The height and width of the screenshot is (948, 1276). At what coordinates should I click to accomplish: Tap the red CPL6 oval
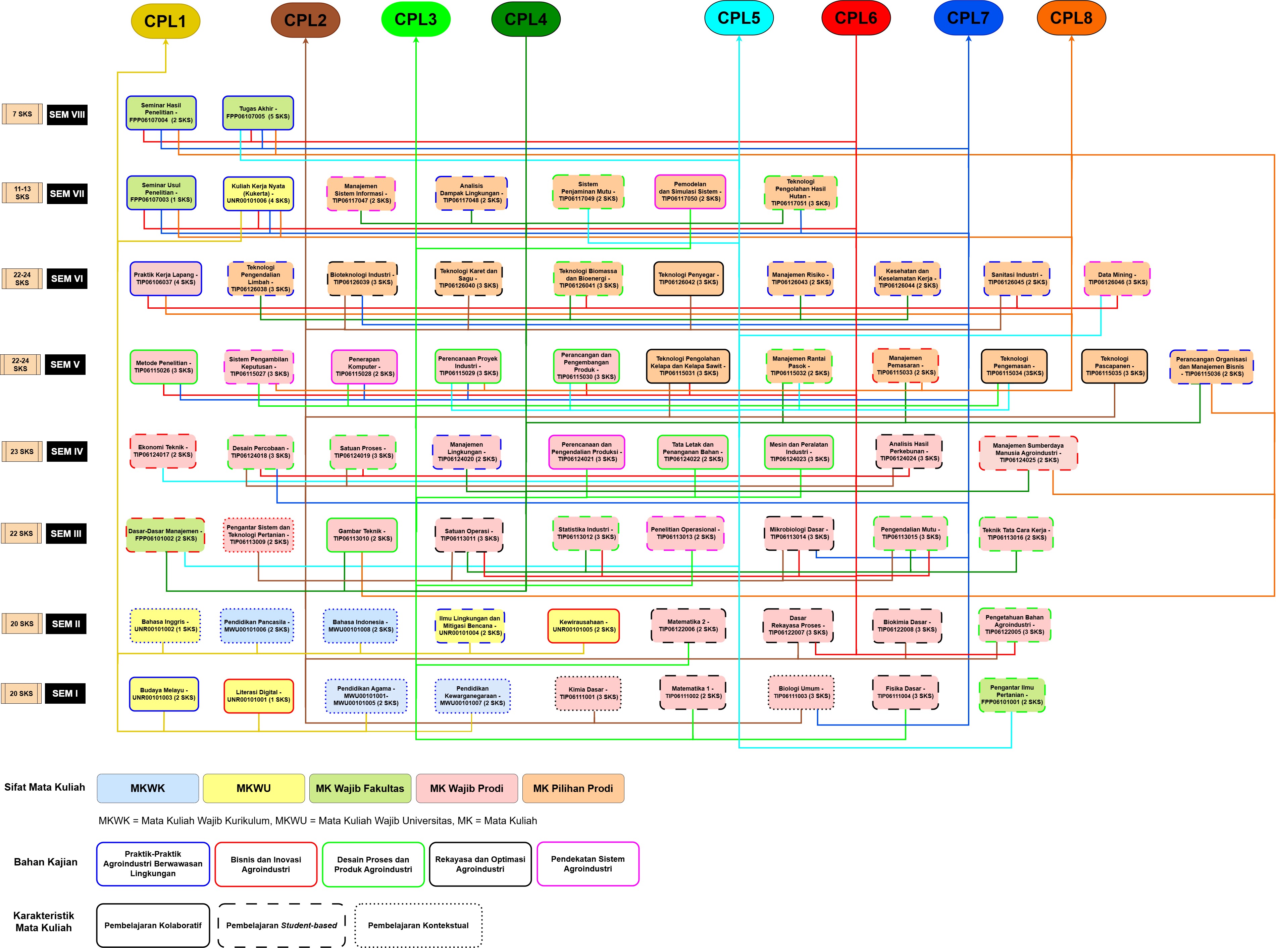pos(856,18)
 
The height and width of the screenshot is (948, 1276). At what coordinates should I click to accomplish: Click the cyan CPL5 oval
pos(738,18)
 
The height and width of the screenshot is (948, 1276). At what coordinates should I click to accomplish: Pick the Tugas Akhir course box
pos(258,112)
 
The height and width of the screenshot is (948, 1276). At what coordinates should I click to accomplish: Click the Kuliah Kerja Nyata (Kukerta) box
pos(258,193)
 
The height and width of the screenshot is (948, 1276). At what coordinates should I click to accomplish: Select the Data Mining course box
pos(1117,278)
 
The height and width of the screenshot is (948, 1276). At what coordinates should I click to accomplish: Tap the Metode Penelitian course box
pos(163,367)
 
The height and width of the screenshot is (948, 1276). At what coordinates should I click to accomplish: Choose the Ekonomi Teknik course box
pos(163,451)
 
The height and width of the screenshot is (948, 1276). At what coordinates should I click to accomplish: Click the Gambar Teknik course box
pos(362,535)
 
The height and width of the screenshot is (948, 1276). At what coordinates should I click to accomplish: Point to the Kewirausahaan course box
pos(583,626)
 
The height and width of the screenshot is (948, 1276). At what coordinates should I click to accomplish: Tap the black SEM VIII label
pos(67,114)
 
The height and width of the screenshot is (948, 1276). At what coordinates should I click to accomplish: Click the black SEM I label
pos(65,693)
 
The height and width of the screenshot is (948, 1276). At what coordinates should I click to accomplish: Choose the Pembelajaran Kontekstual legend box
pos(418,925)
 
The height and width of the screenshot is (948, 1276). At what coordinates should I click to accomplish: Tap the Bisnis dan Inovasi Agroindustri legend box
pos(266,864)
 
